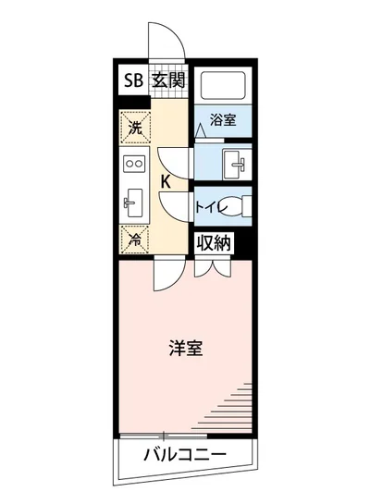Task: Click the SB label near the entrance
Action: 133,80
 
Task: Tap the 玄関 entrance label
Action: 168,80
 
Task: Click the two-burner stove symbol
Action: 132,165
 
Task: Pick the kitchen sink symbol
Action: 132,201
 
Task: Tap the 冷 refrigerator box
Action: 133,237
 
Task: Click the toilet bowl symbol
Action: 240,206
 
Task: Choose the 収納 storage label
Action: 214,243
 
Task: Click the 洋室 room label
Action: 186,350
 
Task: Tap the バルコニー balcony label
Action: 185,455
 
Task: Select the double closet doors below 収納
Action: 211,269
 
